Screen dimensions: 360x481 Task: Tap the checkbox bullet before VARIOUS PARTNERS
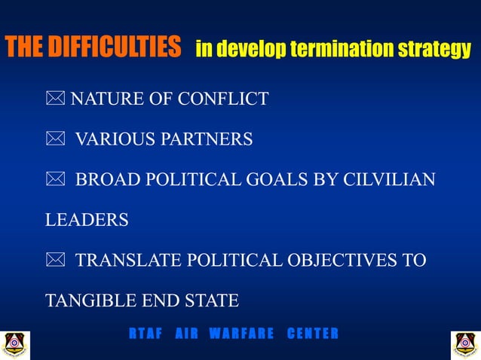click(x=55, y=139)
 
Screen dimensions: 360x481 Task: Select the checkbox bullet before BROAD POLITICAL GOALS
click(x=55, y=180)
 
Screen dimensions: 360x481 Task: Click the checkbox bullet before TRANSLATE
click(x=55, y=261)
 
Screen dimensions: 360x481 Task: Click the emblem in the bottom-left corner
click(x=15, y=343)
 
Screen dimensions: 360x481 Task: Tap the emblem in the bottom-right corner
click(x=464, y=343)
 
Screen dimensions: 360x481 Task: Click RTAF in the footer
click(x=145, y=334)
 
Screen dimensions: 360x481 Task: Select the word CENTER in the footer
click(x=312, y=334)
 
